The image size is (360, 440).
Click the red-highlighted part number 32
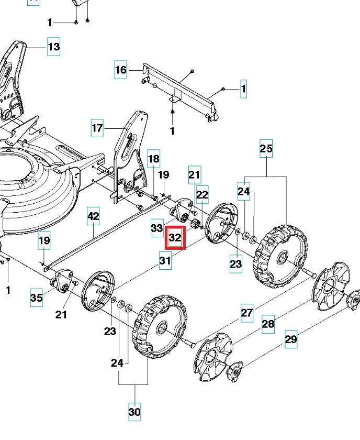175,238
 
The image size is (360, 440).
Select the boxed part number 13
53,47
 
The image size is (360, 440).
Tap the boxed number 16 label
121,70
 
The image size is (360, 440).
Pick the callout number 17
97,128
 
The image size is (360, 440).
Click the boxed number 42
93,216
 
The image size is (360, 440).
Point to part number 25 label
266,149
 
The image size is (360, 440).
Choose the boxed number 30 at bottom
134,412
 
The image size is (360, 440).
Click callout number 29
291,339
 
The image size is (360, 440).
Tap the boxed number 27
247,313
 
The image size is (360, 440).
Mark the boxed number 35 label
36,298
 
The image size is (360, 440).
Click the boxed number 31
165,260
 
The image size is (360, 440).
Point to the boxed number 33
157,228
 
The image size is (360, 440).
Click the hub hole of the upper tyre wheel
281,257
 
